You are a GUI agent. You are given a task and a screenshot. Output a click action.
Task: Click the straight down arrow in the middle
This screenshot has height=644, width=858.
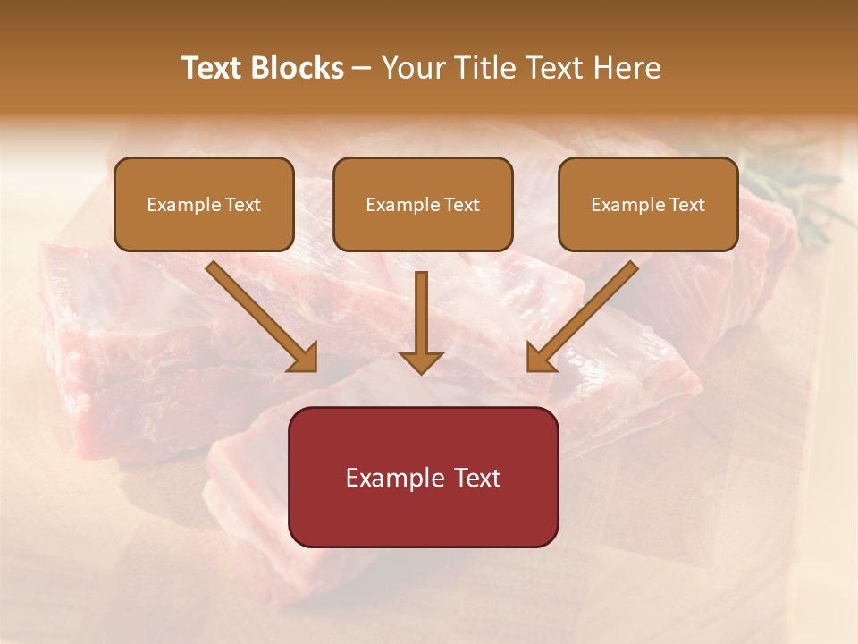click(x=421, y=313)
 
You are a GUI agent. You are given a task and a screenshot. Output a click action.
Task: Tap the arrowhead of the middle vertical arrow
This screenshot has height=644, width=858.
click(x=421, y=361)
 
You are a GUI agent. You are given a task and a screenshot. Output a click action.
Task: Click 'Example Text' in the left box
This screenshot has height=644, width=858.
click(x=204, y=205)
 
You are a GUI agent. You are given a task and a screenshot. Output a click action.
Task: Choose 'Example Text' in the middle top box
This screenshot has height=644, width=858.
click(x=423, y=205)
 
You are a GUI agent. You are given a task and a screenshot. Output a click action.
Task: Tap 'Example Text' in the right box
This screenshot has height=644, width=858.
click(x=648, y=205)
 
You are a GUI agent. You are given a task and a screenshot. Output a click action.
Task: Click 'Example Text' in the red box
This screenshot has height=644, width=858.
click(x=423, y=478)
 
